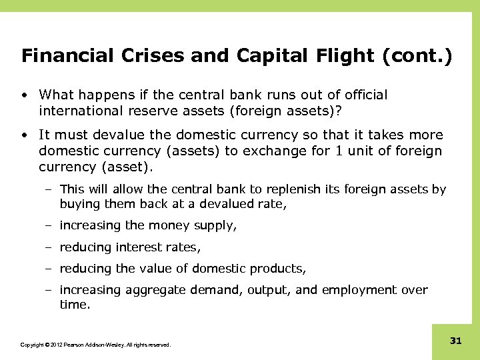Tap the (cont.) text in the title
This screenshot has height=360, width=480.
point(417,55)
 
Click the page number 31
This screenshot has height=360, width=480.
point(456,341)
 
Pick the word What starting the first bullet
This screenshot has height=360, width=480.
point(56,95)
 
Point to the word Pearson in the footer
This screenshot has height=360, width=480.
point(76,345)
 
